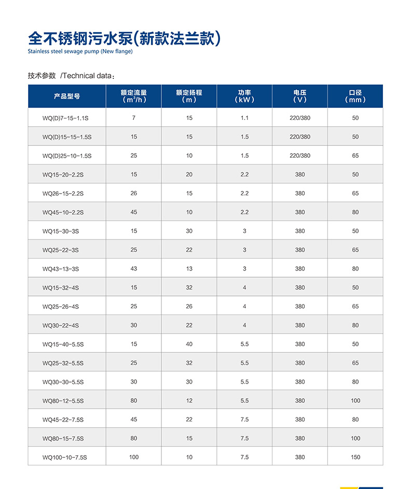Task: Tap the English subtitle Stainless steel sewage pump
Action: pos(80,51)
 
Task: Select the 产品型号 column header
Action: pos(67,97)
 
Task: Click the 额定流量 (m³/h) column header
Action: pos(134,96)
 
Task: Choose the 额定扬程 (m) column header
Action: pos(189,96)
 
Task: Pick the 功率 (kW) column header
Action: pos(244,96)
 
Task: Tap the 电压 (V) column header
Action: pos(300,96)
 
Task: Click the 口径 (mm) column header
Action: pos(355,96)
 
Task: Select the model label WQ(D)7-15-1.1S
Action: pos(65,118)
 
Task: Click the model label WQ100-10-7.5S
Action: pos(64,457)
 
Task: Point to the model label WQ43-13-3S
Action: pos(61,269)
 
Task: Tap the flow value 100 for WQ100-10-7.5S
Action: pos(134,457)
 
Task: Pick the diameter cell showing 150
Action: pos(355,457)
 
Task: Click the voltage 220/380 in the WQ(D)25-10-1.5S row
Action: pos(300,156)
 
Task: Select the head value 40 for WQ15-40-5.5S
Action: pos(189,344)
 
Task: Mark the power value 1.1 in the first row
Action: pos(244,118)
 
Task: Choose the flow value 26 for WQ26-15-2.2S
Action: pos(134,193)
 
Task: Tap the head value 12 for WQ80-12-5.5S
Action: pos(189,401)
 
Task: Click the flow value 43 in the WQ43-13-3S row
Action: pos(134,268)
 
